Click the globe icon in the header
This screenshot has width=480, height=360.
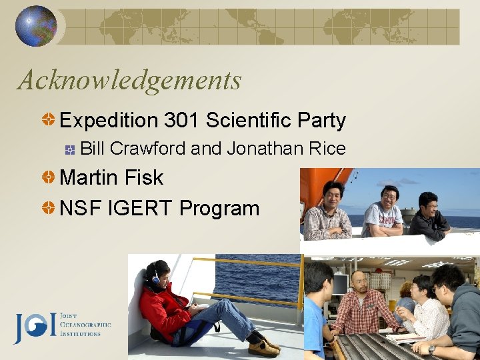pyautogui.click(x=35, y=26)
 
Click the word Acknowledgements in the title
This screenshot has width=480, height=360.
pyautogui.click(x=129, y=81)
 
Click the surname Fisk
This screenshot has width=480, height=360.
pyautogui.click(x=144, y=178)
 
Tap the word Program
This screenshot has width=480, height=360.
pyautogui.click(x=219, y=209)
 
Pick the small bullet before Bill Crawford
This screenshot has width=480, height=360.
pyautogui.click(x=69, y=149)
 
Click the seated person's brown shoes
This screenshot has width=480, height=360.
pyautogui.click(x=263, y=347)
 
